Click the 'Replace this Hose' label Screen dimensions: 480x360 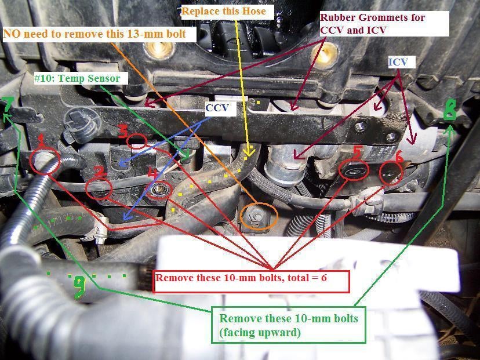point(224,12)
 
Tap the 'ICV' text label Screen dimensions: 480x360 point(398,63)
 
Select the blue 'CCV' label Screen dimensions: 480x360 point(217,108)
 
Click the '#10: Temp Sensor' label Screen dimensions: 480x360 point(77,78)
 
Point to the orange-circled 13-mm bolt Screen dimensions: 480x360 point(259,216)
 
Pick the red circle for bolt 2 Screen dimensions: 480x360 point(99,190)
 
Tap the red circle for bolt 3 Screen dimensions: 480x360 point(137,141)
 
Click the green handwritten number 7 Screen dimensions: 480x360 point(8,105)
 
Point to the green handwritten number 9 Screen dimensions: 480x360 point(79,287)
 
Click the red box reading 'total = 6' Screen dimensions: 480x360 point(251,282)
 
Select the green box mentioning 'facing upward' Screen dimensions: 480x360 point(289,325)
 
